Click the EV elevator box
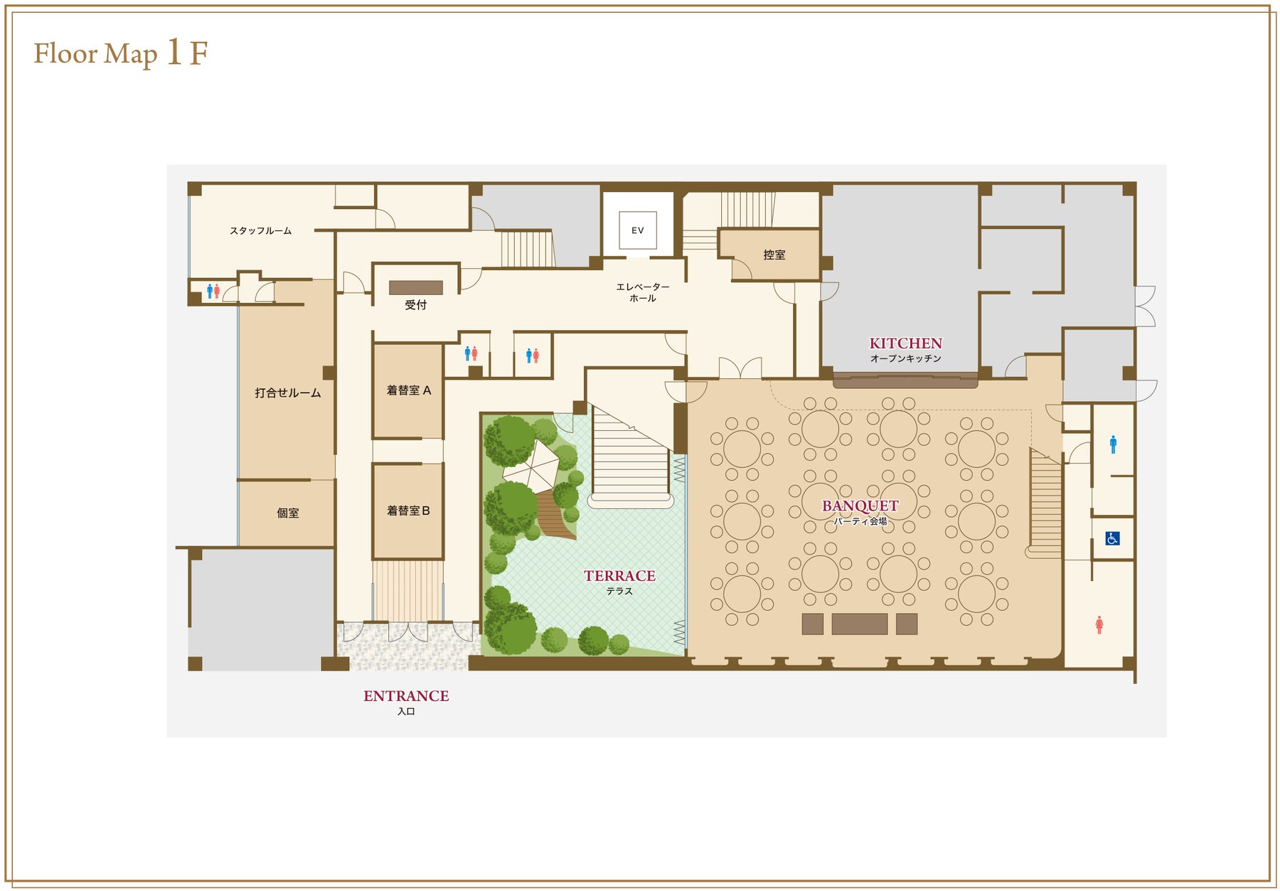click(x=637, y=230)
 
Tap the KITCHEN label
click(x=905, y=343)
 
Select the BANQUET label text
click(x=860, y=506)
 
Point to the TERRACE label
click(x=619, y=576)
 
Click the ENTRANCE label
click(x=406, y=696)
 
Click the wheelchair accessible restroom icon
click(x=1113, y=538)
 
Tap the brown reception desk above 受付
click(x=416, y=287)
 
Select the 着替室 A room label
click(x=409, y=390)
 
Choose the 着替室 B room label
click(x=408, y=511)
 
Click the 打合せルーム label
click(x=288, y=393)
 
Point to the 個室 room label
click(x=288, y=513)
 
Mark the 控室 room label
click(x=774, y=255)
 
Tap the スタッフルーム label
click(x=260, y=231)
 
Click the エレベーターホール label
click(x=643, y=292)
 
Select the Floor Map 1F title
click(x=121, y=53)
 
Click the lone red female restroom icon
click(x=1099, y=625)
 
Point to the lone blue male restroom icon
click(x=1113, y=444)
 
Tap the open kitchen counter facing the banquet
click(x=905, y=380)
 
